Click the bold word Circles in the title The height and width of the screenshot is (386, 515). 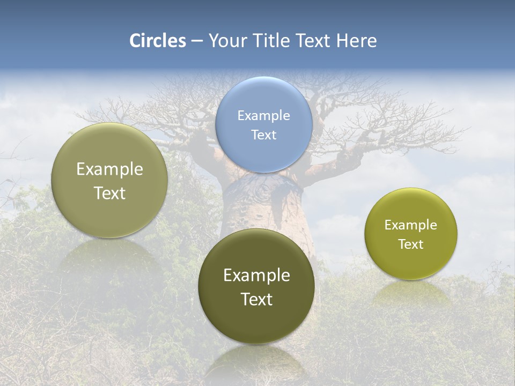(157, 41)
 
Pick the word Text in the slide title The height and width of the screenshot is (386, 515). (314, 41)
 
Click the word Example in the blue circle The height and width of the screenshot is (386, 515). (263, 115)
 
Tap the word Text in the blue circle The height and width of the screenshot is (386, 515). (263, 135)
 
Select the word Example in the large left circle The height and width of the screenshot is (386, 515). (109, 169)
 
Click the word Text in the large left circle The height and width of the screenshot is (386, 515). (109, 193)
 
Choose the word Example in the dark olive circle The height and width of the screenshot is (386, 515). (256, 275)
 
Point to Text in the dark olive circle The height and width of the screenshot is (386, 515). (256, 299)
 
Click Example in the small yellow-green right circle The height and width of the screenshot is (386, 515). (410, 225)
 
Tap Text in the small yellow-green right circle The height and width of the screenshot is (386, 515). (410, 244)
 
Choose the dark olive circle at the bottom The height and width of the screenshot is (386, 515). (256, 322)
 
